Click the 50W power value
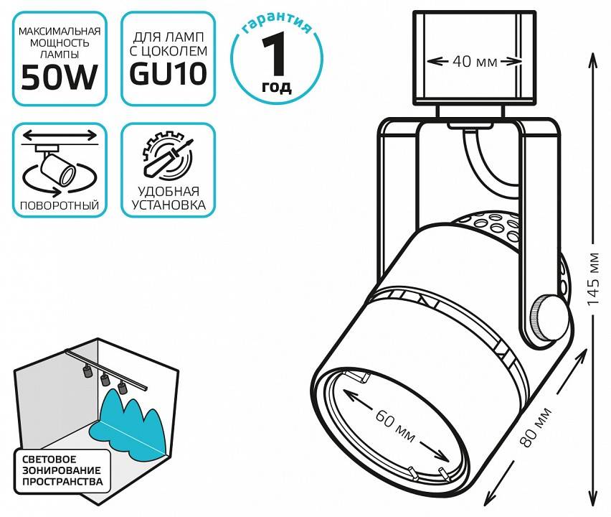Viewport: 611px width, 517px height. click(60, 77)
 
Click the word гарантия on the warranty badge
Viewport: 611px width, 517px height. click(277, 27)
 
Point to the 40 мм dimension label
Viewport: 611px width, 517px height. click(474, 62)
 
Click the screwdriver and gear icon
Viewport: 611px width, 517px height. click(167, 155)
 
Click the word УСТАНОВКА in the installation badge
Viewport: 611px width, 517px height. click(168, 205)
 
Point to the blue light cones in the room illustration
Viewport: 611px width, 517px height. click(133, 424)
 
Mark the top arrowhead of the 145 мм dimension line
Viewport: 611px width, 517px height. click(592, 57)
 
